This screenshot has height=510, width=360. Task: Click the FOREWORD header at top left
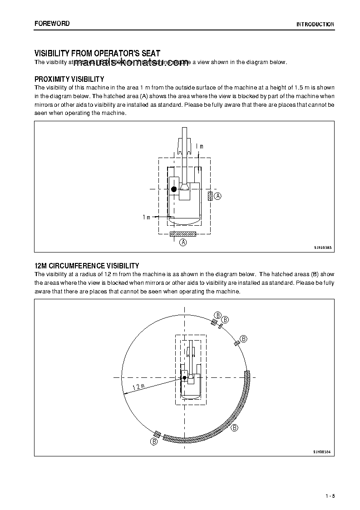pos(52,23)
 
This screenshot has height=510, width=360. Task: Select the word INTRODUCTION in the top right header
pos(315,25)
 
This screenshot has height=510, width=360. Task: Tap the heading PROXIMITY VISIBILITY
pos(69,79)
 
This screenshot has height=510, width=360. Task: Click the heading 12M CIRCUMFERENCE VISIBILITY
pos(87,266)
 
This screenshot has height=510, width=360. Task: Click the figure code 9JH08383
pos(323,248)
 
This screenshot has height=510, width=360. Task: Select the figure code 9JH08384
pos(322,452)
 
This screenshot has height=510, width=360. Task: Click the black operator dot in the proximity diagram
pos(173,189)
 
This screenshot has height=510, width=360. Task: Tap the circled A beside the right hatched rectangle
pos(218,196)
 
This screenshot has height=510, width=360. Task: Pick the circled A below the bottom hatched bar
pos(183,243)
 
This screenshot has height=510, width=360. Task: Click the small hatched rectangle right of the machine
pos(210,196)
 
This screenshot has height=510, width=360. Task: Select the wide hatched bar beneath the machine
pos(182,234)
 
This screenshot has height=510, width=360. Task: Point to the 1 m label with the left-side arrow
pos(146,218)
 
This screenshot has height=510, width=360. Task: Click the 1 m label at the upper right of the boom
pos(199,146)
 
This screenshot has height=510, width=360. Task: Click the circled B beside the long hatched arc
pos(235,428)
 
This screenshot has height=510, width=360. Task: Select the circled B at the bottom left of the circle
pos(154,441)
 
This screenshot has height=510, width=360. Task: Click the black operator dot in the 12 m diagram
pos(184,377)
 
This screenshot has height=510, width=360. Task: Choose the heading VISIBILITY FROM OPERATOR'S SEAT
pos(97,54)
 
